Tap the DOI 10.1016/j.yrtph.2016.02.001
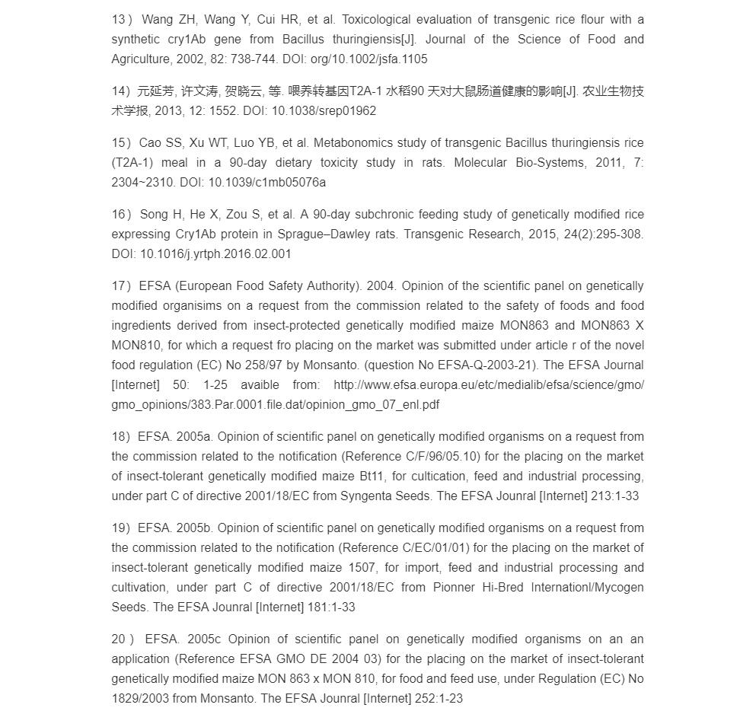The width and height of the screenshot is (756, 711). click(215, 253)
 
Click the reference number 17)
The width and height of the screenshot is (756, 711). click(122, 285)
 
